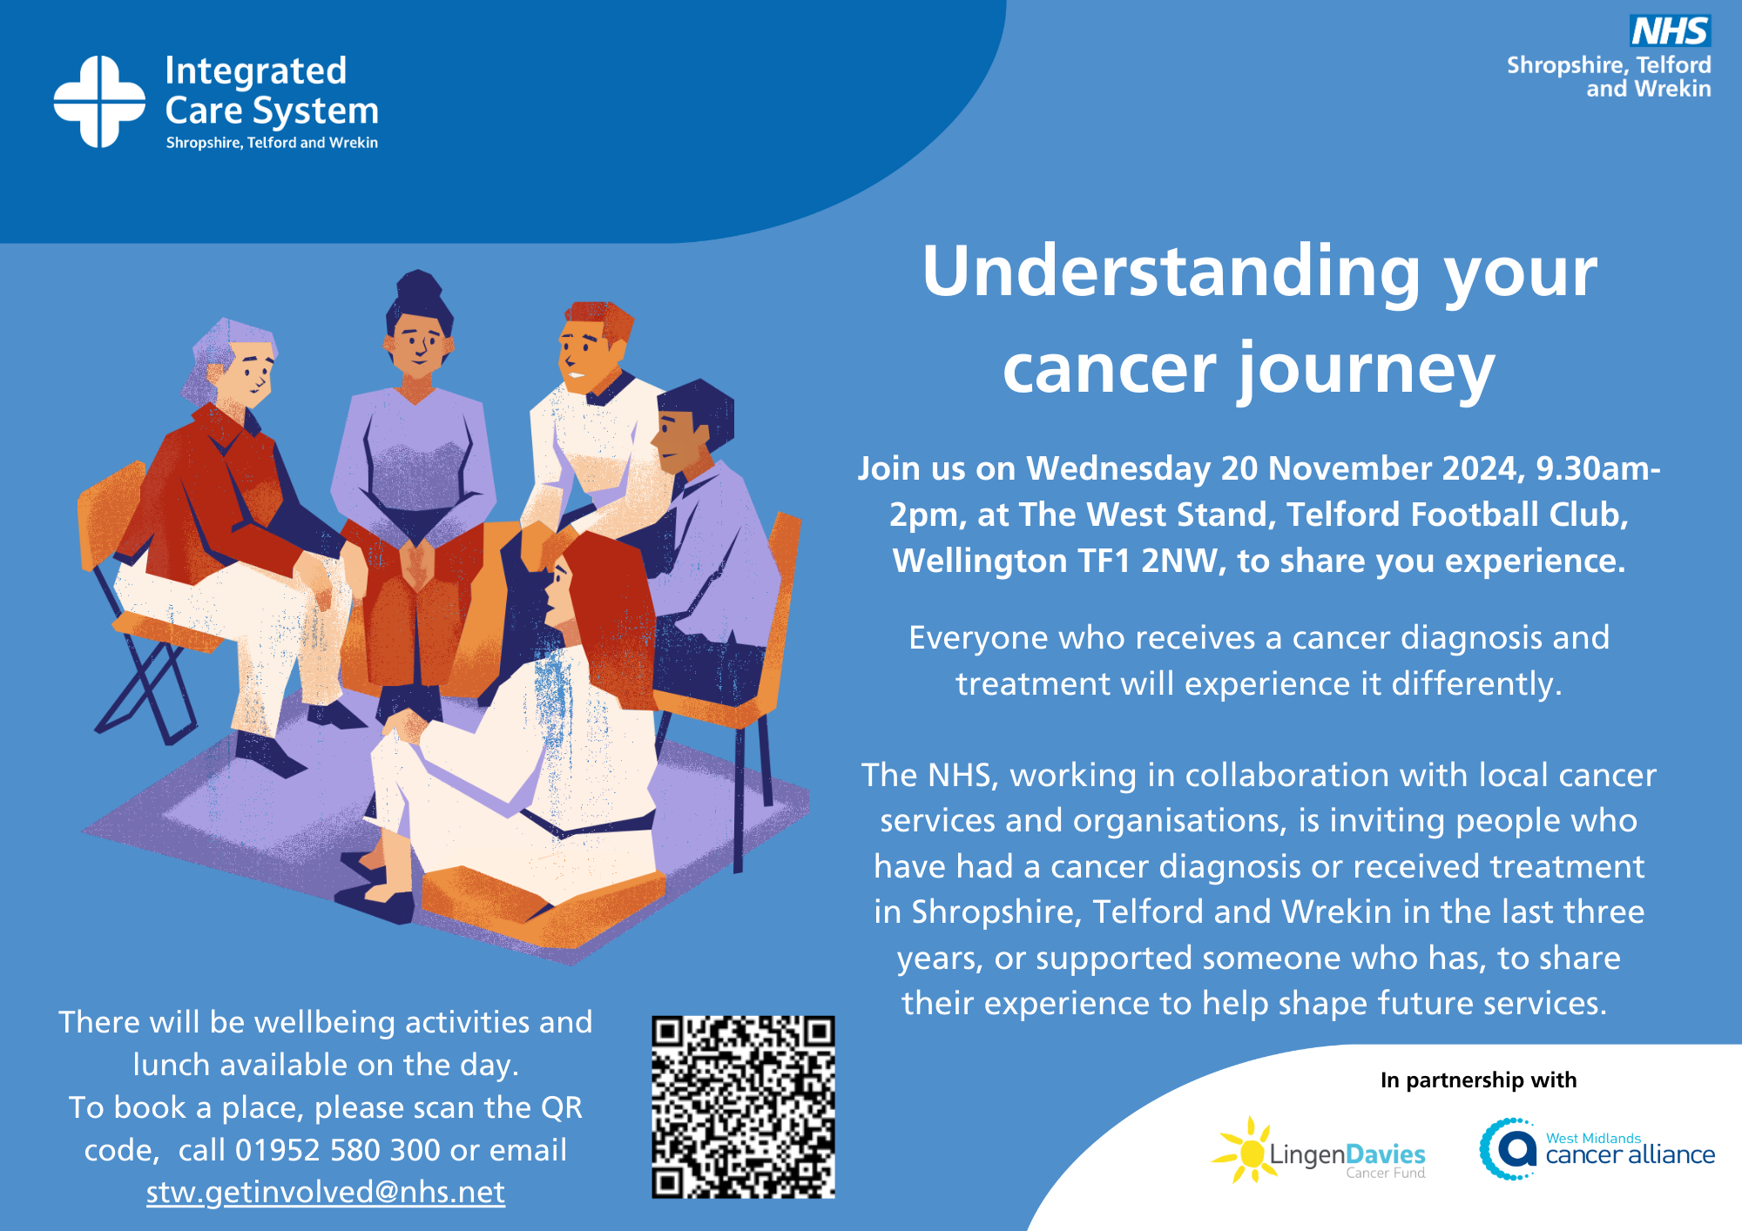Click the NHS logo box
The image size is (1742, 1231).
click(x=1670, y=31)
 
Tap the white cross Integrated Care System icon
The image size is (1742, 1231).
click(x=99, y=102)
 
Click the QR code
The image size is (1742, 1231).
click(x=743, y=1107)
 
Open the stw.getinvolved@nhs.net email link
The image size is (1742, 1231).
click(x=325, y=1192)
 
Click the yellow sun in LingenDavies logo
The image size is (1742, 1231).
click(x=1251, y=1152)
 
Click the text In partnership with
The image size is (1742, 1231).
click(x=1478, y=1080)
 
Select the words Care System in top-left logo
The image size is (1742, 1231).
click(x=272, y=111)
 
